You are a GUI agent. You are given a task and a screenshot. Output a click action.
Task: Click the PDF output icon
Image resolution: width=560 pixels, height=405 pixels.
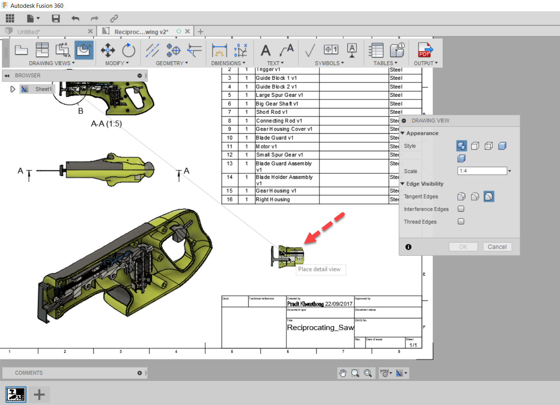pos(425,50)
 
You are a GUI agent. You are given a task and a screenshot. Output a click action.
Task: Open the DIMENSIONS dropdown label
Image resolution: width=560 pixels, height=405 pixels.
pos(228,63)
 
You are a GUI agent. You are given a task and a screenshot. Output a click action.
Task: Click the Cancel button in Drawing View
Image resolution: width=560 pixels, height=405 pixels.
pos(497,247)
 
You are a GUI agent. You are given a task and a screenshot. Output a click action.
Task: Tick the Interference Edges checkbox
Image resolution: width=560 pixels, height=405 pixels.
pos(461,209)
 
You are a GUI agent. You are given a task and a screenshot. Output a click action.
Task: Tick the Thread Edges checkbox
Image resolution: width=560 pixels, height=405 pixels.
pos(461,222)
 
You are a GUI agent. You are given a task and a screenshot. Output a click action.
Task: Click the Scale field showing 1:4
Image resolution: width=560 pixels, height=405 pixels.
pos(482,171)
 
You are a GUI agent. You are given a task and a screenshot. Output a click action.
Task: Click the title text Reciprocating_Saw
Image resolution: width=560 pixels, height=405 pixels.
pos(320,328)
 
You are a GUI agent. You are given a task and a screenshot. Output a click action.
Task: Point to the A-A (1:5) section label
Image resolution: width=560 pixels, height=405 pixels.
pos(106,124)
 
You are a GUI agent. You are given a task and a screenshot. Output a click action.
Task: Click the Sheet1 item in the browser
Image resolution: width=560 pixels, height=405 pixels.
pos(43,89)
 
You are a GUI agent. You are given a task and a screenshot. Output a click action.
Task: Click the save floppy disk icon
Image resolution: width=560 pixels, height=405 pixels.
pos(56,19)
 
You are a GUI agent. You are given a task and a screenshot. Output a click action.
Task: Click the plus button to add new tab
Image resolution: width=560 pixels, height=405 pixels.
pos(201,31)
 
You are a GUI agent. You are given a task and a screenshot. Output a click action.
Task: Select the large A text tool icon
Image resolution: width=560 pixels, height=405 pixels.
pos(265,51)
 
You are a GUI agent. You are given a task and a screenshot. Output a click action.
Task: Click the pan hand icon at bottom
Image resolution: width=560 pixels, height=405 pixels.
pos(342,373)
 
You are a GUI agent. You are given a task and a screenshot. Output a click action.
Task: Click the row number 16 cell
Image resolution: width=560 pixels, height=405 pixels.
pos(230,199)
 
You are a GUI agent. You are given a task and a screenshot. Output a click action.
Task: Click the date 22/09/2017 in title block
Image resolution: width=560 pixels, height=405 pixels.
pos(338,304)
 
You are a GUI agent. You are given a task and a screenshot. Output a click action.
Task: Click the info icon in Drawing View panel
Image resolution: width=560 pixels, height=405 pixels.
pos(408,247)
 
